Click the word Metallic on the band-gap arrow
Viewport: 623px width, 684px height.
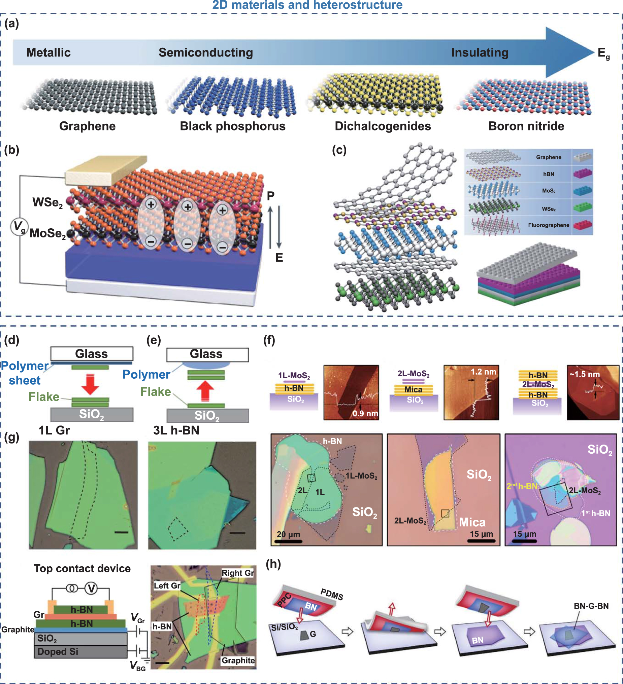48,52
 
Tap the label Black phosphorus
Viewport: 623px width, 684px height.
232,126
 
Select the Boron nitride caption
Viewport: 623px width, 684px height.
526,126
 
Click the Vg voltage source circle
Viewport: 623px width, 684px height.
19,227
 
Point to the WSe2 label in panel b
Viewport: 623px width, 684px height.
47,202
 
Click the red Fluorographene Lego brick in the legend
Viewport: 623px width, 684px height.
582,225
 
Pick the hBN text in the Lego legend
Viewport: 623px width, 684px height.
548,174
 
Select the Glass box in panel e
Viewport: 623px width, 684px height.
207,354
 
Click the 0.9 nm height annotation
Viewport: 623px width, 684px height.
365,413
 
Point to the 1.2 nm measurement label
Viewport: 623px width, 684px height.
483,372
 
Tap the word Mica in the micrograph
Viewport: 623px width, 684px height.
472,522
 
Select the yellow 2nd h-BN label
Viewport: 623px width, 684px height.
521,486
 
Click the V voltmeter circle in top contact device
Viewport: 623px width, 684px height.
91,588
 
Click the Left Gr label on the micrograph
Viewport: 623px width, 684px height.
167,585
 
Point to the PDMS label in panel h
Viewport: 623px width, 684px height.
332,594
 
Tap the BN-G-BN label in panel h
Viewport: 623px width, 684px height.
591,606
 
